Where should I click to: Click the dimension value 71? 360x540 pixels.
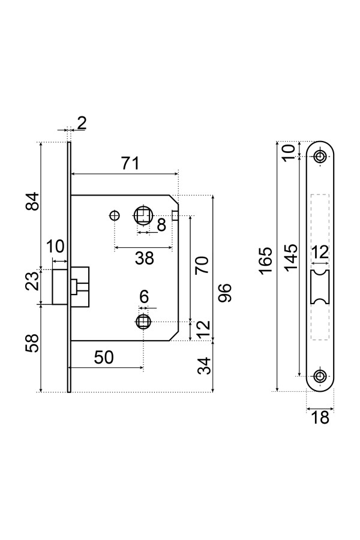130,163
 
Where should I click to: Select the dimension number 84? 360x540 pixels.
34,201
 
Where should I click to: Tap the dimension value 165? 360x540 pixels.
266,259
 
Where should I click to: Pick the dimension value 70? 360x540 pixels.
202,265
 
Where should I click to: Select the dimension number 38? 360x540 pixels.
145,258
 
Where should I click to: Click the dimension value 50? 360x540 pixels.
104,357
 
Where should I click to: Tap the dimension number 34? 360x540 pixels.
205,366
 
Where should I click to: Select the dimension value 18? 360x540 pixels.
321,418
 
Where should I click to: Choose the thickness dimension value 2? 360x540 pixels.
82,124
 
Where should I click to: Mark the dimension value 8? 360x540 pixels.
161,225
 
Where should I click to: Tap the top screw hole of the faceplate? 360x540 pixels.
320,157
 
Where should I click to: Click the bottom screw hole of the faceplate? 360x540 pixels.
320,377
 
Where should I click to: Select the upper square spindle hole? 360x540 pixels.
143,215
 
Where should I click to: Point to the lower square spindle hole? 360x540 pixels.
143,321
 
